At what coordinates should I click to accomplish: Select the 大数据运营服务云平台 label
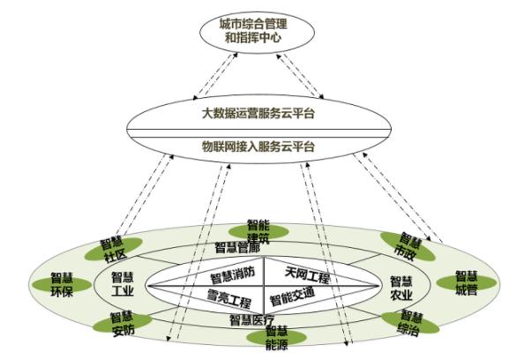point(258,113)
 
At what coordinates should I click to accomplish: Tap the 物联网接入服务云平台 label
point(258,146)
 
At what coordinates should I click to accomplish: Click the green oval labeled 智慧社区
point(114,250)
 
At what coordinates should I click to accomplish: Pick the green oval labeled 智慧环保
point(62,284)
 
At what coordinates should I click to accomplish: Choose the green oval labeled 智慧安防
point(123,322)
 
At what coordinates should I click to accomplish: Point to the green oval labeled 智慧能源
point(276,337)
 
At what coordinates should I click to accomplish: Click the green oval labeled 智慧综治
point(410,323)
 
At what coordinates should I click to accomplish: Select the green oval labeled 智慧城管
point(467,282)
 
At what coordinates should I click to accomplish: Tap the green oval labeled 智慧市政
point(408,246)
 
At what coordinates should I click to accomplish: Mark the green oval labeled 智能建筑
point(258,232)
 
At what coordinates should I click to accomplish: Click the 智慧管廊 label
point(237,248)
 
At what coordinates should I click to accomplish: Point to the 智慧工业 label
point(123,284)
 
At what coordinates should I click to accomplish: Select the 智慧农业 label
point(401,289)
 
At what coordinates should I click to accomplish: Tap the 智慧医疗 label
point(252,320)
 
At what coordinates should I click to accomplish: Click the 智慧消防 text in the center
point(233,274)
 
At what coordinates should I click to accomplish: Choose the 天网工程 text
point(308,274)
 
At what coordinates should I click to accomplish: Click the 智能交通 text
point(292,296)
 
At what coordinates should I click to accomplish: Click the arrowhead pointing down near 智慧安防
point(168,339)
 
